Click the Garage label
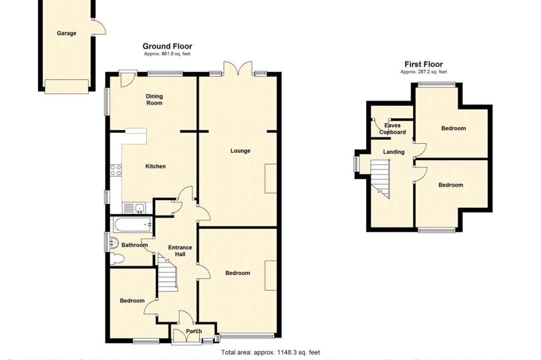(x=66, y=33)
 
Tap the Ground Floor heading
(x=167, y=46)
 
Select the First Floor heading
(x=424, y=65)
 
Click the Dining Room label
(x=154, y=100)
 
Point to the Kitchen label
(x=155, y=166)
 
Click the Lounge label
(x=240, y=151)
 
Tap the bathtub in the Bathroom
(x=132, y=224)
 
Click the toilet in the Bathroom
(x=117, y=259)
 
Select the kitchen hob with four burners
(x=116, y=170)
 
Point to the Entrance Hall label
(x=180, y=251)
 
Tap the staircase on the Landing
(x=381, y=178)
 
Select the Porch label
(x=194, y=331)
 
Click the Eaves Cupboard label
(x=392, y=129)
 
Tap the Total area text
(x=270, y=352)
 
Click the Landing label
(x=393, y=152)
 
